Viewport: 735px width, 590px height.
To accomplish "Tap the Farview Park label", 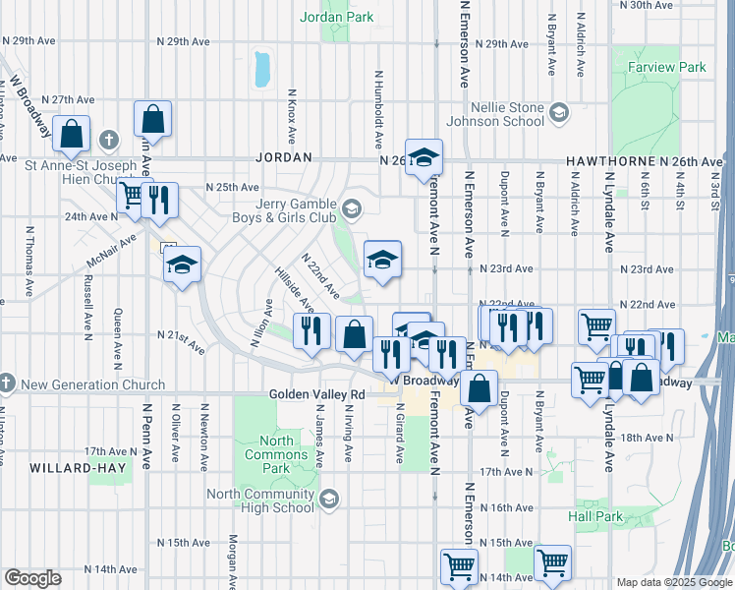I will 666,68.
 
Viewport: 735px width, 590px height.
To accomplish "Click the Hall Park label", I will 595,515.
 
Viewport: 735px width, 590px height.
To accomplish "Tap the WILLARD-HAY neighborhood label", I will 78,468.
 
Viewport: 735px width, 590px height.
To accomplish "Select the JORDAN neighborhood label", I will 284,157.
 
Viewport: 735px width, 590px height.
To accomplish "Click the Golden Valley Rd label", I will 317,394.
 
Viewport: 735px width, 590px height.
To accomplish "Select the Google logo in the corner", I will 32,578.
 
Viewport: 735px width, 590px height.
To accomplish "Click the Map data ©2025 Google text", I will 673,582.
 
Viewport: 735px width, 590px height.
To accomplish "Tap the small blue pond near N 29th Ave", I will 261,68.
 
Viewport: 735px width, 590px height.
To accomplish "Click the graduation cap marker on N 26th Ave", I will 424,157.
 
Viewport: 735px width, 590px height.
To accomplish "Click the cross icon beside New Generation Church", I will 7,381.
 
